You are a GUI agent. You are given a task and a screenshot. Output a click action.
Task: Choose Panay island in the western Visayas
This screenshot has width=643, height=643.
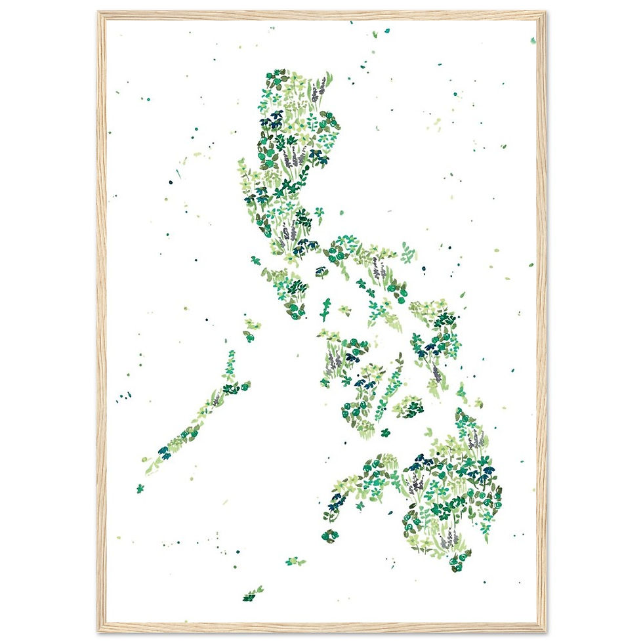[341, 354]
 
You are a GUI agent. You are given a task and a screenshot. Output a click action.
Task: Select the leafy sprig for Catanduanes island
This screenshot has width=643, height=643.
[409, 252]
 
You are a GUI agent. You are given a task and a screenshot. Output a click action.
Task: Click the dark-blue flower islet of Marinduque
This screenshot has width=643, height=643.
[321, 271]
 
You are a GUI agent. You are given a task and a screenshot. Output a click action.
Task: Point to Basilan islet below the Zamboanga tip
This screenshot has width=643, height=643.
[330, 535]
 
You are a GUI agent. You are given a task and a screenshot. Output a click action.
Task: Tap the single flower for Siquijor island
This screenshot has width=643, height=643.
[385, 433]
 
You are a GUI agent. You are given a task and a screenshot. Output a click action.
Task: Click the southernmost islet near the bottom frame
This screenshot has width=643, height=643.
[252, 594]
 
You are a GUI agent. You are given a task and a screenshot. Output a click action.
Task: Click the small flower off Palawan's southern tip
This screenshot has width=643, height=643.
[140, 488]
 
